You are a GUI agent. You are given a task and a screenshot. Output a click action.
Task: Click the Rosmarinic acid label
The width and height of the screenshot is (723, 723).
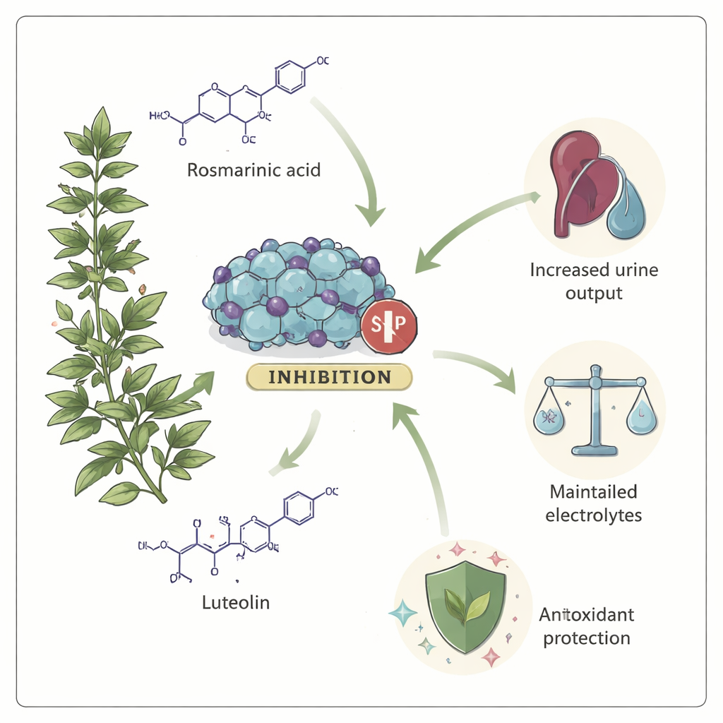[x=254, y=170]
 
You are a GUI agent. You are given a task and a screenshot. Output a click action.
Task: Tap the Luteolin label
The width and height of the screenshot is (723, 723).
[x=235, y=603]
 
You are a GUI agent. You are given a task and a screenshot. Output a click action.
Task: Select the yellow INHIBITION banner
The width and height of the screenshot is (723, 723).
[x=329, y=376]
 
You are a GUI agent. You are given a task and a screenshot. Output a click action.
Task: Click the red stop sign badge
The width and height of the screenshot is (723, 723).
[x=388, y=326]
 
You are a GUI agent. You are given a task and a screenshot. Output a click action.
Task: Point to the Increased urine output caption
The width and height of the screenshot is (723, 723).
[x=594, y=280]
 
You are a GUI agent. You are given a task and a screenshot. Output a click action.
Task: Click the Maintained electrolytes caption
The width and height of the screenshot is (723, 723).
[x=594, y=503]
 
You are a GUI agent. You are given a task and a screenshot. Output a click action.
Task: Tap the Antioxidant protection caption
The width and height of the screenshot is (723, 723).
[x=587, y=626]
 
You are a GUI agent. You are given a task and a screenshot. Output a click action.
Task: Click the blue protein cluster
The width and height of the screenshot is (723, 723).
[x=297, y=293]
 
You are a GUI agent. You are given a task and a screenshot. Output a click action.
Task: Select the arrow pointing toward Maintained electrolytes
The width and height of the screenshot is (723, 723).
[x=480, y=367]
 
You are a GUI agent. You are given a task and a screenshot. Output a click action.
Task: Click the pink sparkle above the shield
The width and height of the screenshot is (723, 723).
[x=496, y=559]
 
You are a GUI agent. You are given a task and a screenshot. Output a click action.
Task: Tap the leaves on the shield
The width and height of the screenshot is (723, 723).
[x=466, y=604]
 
